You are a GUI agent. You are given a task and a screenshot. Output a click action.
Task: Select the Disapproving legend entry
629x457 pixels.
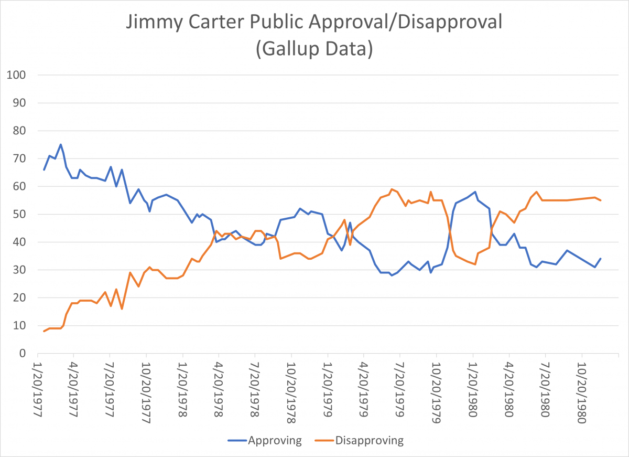click(362, 440)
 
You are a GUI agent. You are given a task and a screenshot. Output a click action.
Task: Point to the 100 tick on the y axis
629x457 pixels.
click(17, 75)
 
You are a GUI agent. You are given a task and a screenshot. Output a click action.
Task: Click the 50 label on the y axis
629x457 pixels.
click(20, 214)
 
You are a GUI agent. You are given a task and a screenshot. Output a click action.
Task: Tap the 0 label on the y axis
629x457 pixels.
click(23, 353)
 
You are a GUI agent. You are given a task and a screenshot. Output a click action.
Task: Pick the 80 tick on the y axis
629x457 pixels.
click(20, 131)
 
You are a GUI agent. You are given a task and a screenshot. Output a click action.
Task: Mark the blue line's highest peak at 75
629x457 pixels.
click(61, 144)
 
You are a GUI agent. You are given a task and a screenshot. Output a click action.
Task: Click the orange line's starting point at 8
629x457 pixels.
click(44, 331)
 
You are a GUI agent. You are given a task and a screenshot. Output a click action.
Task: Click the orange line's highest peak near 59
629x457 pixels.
click(392, 189)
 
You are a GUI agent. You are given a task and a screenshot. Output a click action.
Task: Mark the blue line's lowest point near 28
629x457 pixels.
click(392, 275)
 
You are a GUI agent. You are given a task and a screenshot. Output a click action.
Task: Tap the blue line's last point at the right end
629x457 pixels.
click(601, 259)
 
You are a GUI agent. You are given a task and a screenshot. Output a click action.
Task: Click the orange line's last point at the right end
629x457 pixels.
click(601, 200)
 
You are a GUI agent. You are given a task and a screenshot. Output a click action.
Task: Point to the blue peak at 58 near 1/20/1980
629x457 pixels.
click(475, 192)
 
